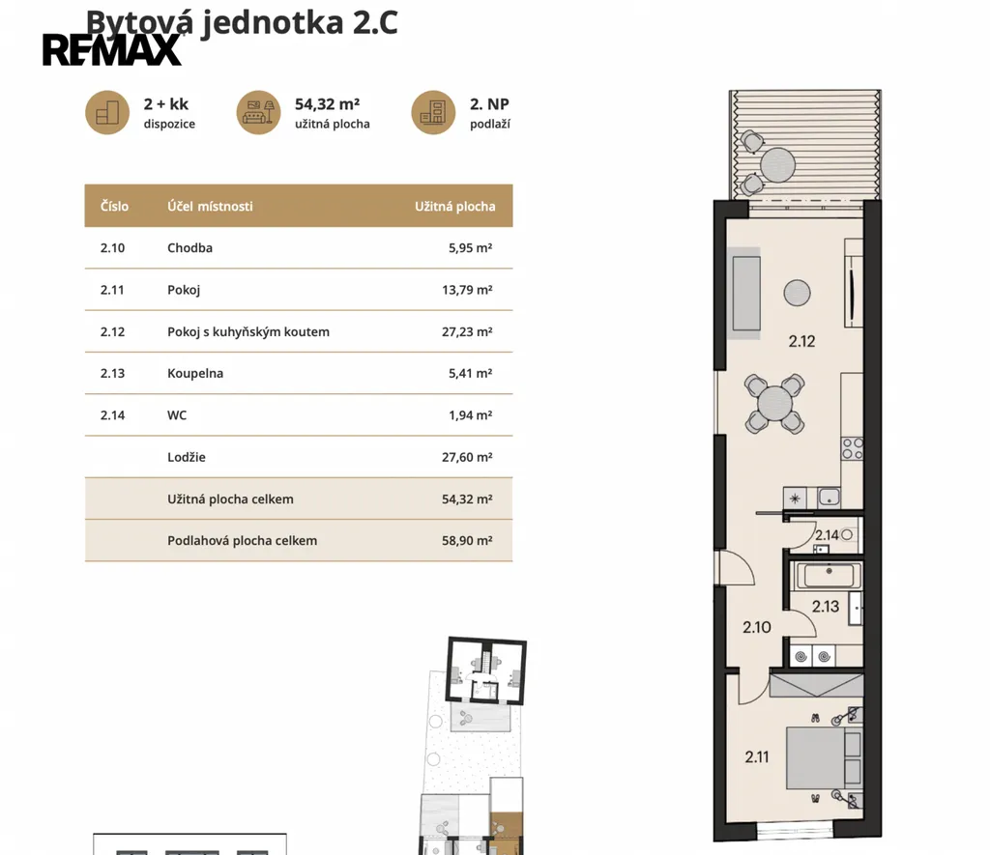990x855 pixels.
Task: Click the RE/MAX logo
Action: (112, 50)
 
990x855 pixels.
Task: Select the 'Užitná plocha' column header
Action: (454, 207)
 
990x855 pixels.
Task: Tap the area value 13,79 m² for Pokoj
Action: (467, 290)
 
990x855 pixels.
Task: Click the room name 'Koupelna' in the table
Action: (195, 373)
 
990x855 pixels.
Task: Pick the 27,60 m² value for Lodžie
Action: (467, 457)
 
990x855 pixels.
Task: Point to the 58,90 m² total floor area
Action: (467, 540)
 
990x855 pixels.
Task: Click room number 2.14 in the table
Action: (112, 415)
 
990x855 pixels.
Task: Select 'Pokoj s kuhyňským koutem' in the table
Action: (248, 331)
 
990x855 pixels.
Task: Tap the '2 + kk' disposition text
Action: (166, 104)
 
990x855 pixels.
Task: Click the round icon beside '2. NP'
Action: (433, 112)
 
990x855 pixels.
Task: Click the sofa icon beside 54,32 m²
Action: (258, 112)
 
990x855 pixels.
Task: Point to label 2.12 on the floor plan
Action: (801, 341)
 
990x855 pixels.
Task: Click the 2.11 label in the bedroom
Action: (757, 756)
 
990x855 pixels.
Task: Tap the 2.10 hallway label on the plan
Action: (756, 627)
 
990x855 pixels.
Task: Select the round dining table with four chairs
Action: (774, 404)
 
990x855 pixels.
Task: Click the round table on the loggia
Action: (777, 164)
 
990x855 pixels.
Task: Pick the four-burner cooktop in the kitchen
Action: (852, 448)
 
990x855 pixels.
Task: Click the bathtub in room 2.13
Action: (829, 575)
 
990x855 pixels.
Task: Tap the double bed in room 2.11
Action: (824, 757)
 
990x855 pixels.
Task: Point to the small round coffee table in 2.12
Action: (797, 293)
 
